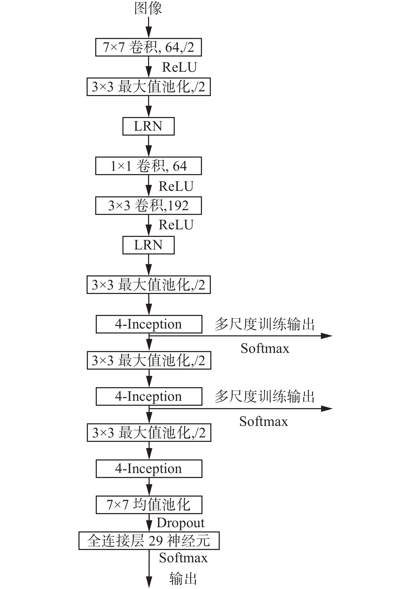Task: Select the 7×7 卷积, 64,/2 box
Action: tap(148, 47)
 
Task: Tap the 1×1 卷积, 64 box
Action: tap(148, 166)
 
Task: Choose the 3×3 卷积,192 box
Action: tap(148, 206)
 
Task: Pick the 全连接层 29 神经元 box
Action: tap(149, 541)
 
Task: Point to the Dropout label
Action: tap(180, 523)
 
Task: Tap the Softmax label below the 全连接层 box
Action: tap(183, 558)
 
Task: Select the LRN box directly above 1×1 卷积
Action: tap(148, 126)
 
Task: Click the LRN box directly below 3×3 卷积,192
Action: tap(148, 245)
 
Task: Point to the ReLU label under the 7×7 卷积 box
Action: tap(179, 67)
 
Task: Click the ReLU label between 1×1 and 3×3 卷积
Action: tap(176, 186)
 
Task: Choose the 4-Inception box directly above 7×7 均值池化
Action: tap(149, 469)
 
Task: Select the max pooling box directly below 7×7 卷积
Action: tap(148, 87)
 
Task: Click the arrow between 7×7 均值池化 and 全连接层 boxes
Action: tap(149, 523)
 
